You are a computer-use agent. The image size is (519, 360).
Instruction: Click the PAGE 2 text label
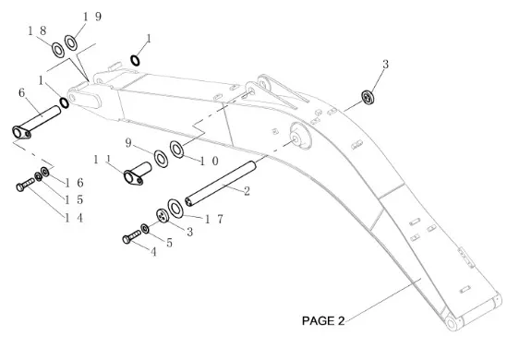point(323,320)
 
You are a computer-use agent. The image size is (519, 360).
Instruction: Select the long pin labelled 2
point(221,184)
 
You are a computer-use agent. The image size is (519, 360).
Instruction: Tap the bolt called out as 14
point(25,185)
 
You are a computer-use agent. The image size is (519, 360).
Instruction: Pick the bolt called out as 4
point(131,236)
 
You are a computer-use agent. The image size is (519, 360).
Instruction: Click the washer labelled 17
point(175,209)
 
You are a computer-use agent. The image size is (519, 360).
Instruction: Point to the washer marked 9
point(162,159)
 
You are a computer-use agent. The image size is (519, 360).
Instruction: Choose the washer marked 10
point(177,150)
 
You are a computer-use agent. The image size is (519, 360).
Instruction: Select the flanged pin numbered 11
point(137,174)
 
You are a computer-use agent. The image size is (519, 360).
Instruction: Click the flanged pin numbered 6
point(36,122)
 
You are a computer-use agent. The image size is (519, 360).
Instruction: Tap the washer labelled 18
point(58,50)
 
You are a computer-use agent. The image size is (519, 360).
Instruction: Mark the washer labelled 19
point(70,42)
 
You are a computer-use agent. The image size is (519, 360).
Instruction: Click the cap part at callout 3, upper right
point(368,97)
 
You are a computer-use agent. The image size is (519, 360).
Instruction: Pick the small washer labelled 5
point(145,228)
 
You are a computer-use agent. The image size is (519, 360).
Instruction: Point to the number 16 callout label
point(74,183)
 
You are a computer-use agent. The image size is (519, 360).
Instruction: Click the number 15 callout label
point(74,199)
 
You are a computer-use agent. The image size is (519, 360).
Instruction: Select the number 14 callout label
point(74,218)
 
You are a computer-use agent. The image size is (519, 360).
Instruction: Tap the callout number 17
point(214,219)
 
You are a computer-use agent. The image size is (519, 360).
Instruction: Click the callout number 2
point(247,191)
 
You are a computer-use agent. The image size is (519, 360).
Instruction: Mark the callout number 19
point(92,17)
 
